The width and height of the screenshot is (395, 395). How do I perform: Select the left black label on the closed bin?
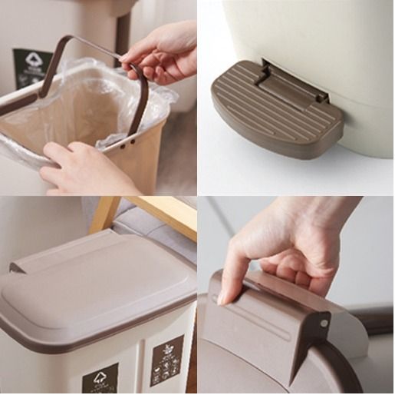[100, 377]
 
